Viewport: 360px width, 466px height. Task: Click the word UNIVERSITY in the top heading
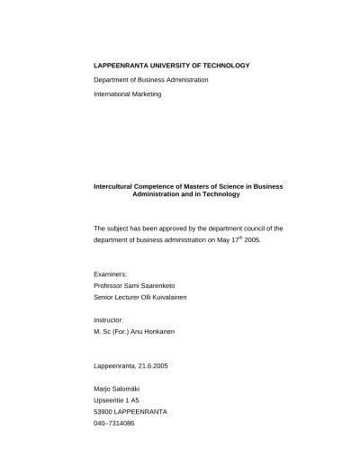167,66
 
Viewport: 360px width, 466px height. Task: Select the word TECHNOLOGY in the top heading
223,66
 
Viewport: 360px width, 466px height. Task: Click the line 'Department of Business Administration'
151,80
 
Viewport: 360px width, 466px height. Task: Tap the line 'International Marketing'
128,94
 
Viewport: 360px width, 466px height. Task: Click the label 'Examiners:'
111,273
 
